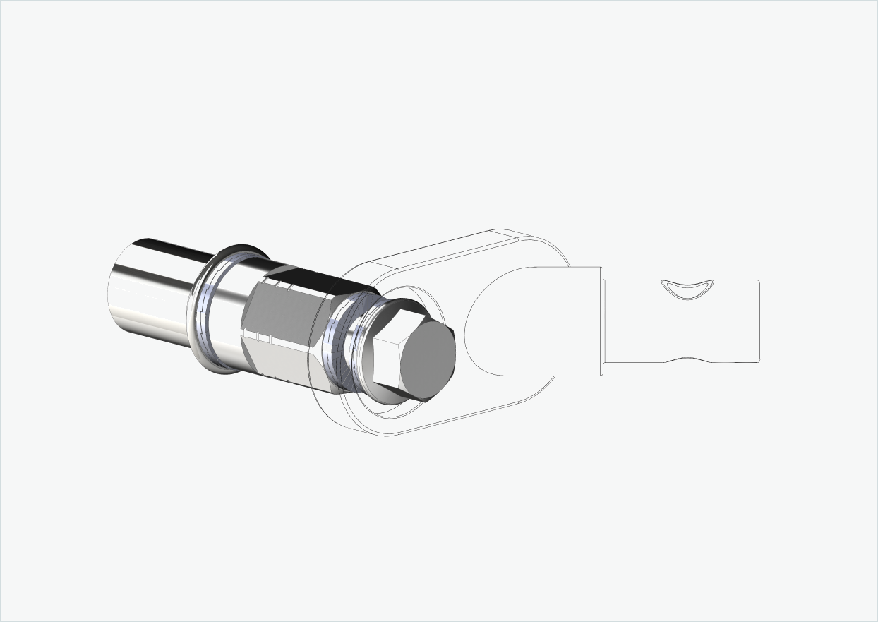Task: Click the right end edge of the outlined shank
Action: pos(758,321)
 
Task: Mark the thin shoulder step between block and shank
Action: pos(603,321)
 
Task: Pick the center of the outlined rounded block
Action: pos(529,321)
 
